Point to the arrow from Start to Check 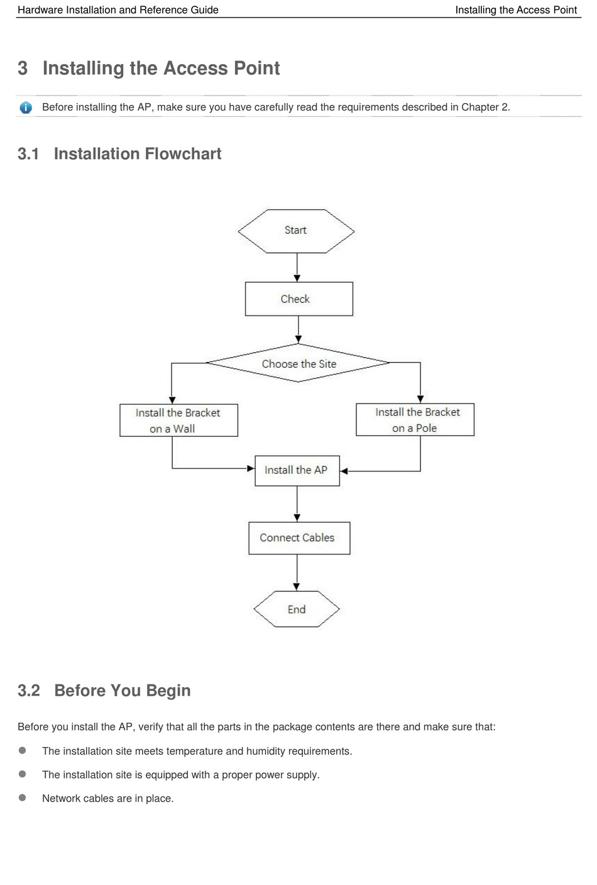pos(297,268)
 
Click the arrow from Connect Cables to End pos(297,573)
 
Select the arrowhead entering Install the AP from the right pos(344,471)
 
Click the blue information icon pos(26,107)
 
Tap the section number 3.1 pos(28,154)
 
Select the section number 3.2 pos(29,690)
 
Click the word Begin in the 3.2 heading pos(168,691)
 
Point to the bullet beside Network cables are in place pos(23,798)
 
